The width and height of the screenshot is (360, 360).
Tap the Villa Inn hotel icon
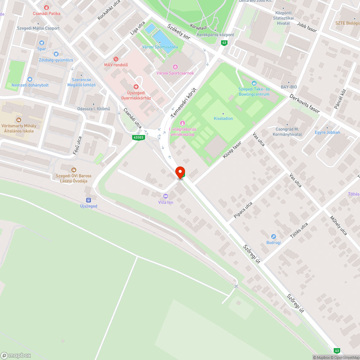coord(166,196)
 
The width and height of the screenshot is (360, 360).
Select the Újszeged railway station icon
coord(88,200)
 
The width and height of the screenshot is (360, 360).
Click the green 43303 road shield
coord(138,137)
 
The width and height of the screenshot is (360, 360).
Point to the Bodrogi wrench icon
coord(274,237)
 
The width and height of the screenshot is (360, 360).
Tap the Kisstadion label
coord(223,118)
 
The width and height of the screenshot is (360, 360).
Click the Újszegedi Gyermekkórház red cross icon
coord(136,87)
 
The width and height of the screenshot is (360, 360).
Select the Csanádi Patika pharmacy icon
coord(46,7)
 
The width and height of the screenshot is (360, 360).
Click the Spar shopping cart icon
coord(41,42)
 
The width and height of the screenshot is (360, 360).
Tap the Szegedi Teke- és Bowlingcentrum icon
coord(254,83)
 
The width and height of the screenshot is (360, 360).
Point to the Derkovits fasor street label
coord(305,104)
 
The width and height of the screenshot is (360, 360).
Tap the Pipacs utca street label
coord(243,210)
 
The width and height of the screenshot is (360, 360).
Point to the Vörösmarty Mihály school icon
coord(18,120)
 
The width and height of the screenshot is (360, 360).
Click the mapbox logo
coord(16,355)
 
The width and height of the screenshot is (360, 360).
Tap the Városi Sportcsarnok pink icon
coord(175,67)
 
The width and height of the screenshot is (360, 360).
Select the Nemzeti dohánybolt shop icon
coord(30,79)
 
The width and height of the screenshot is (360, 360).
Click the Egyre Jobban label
coord(327,132)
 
